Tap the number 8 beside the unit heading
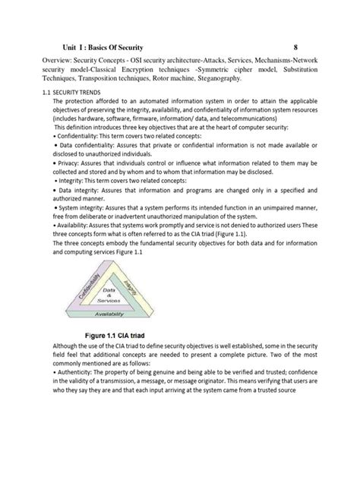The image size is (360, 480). point(306,48)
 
